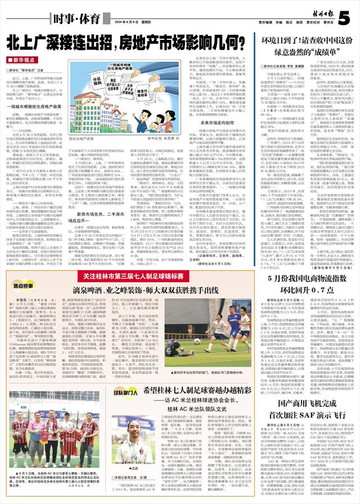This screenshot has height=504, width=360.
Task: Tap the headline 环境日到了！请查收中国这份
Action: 305,41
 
